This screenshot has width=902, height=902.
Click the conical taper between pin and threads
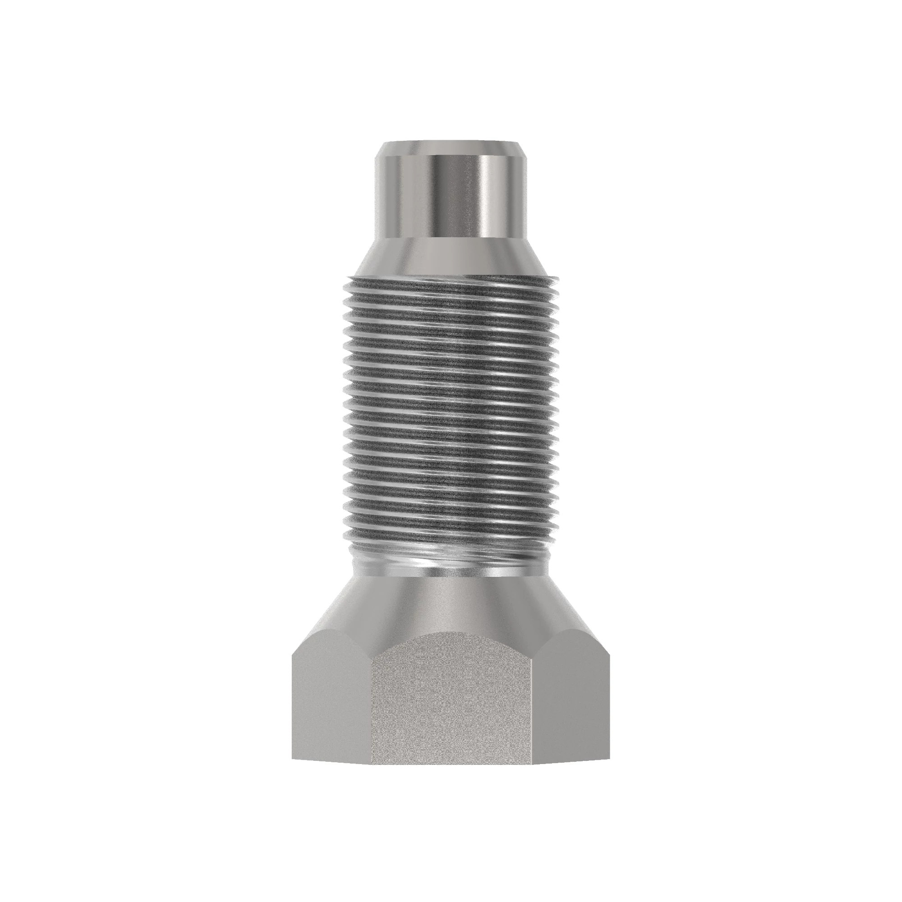tap(451, 257)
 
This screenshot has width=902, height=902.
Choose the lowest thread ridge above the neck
tap(451, 537)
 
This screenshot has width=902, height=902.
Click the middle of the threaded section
tap(451, 411)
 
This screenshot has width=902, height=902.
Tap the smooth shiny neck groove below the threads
tap(451, 562)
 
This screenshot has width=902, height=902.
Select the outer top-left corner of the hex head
tap(293, 653)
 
